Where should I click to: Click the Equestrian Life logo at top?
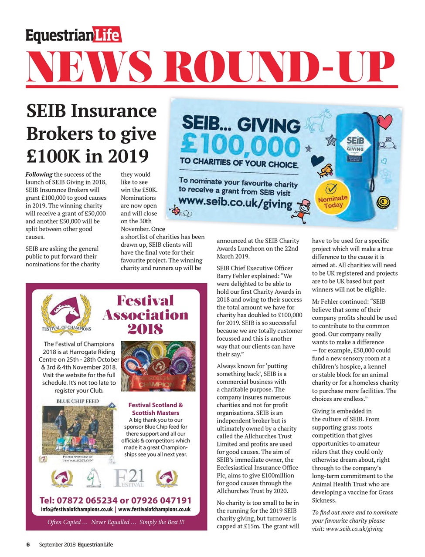(73, 35)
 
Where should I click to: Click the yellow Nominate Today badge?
(333, 199)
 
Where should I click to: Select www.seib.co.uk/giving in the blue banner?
(235, 202)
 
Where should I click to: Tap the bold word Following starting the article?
(39, 174)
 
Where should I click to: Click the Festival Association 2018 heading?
(145, 315)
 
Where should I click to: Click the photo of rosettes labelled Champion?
(157, 366)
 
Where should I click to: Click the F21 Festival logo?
(129, 478)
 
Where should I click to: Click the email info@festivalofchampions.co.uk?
(76, 509)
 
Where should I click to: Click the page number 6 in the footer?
(27, 544)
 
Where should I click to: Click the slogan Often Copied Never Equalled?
(116, 522)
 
